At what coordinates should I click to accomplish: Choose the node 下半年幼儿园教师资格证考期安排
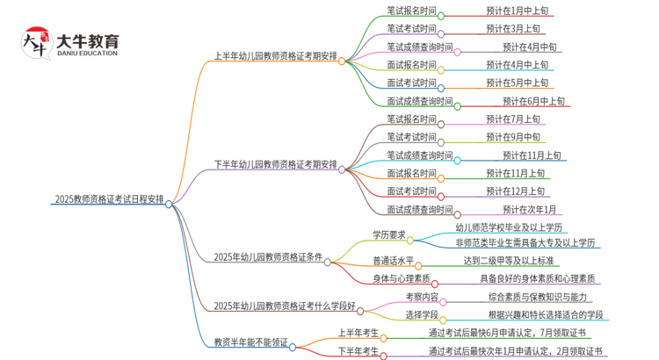coord(275,164)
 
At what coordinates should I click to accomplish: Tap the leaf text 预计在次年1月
coord(529,209)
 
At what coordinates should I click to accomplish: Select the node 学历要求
coord(387,234)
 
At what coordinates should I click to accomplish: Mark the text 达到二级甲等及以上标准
coord(509,261)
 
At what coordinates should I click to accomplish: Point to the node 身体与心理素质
coord(402,278)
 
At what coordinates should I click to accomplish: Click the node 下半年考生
coord(358,350)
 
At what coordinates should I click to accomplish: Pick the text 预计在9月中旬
coord(515,136)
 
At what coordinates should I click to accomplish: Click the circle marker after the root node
coord(169,203)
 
